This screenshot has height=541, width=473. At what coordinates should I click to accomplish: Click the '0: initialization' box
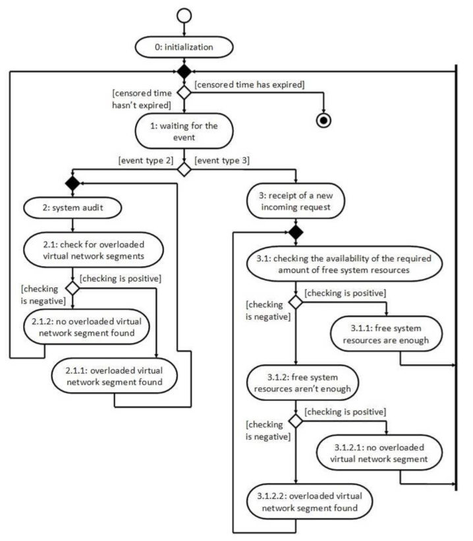coord(184,47)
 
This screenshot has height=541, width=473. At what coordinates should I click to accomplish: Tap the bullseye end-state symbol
coord(325,120)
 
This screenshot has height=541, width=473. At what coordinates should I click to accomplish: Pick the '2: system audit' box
coord(72,208)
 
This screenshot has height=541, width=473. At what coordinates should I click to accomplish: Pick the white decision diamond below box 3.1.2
coord(295,420)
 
